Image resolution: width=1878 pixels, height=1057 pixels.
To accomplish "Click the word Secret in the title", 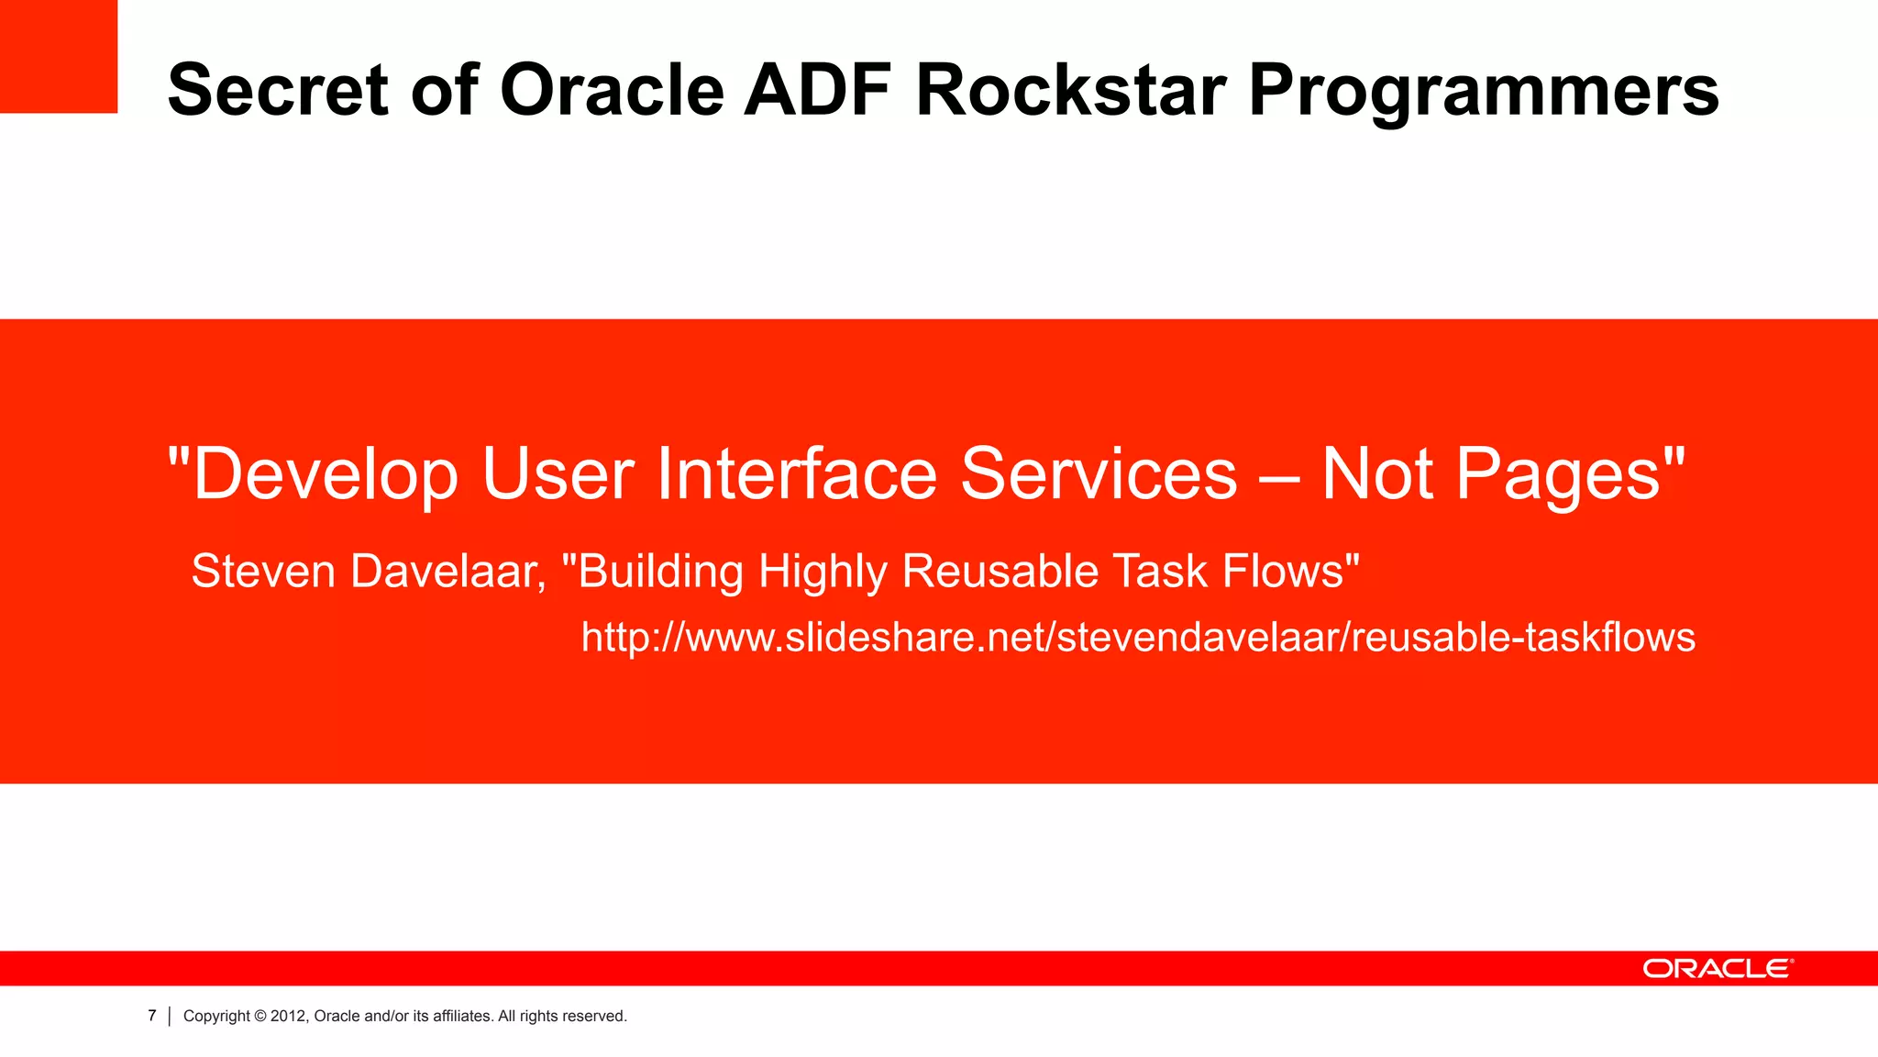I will pos(278,90).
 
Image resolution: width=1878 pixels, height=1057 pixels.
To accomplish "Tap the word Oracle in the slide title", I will pos(612,90).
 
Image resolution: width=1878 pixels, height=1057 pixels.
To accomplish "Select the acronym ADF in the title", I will pos(817,90).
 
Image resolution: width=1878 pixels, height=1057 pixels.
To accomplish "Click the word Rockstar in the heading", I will pos(1071,90).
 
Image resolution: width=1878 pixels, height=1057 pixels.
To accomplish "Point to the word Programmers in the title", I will pos(1483,92).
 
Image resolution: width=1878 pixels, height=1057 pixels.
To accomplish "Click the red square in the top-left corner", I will pos(58,56).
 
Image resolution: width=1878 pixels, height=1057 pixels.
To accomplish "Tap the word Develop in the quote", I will pos(325,474).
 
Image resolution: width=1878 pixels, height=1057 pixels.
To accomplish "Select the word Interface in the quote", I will pos(797,474).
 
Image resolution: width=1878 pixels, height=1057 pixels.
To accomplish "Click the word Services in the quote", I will pos(1099,474).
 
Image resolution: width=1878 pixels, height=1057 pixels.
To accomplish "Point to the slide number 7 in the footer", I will pos(152,1016).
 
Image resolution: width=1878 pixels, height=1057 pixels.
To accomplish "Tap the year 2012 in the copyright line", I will pos(288,1016).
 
